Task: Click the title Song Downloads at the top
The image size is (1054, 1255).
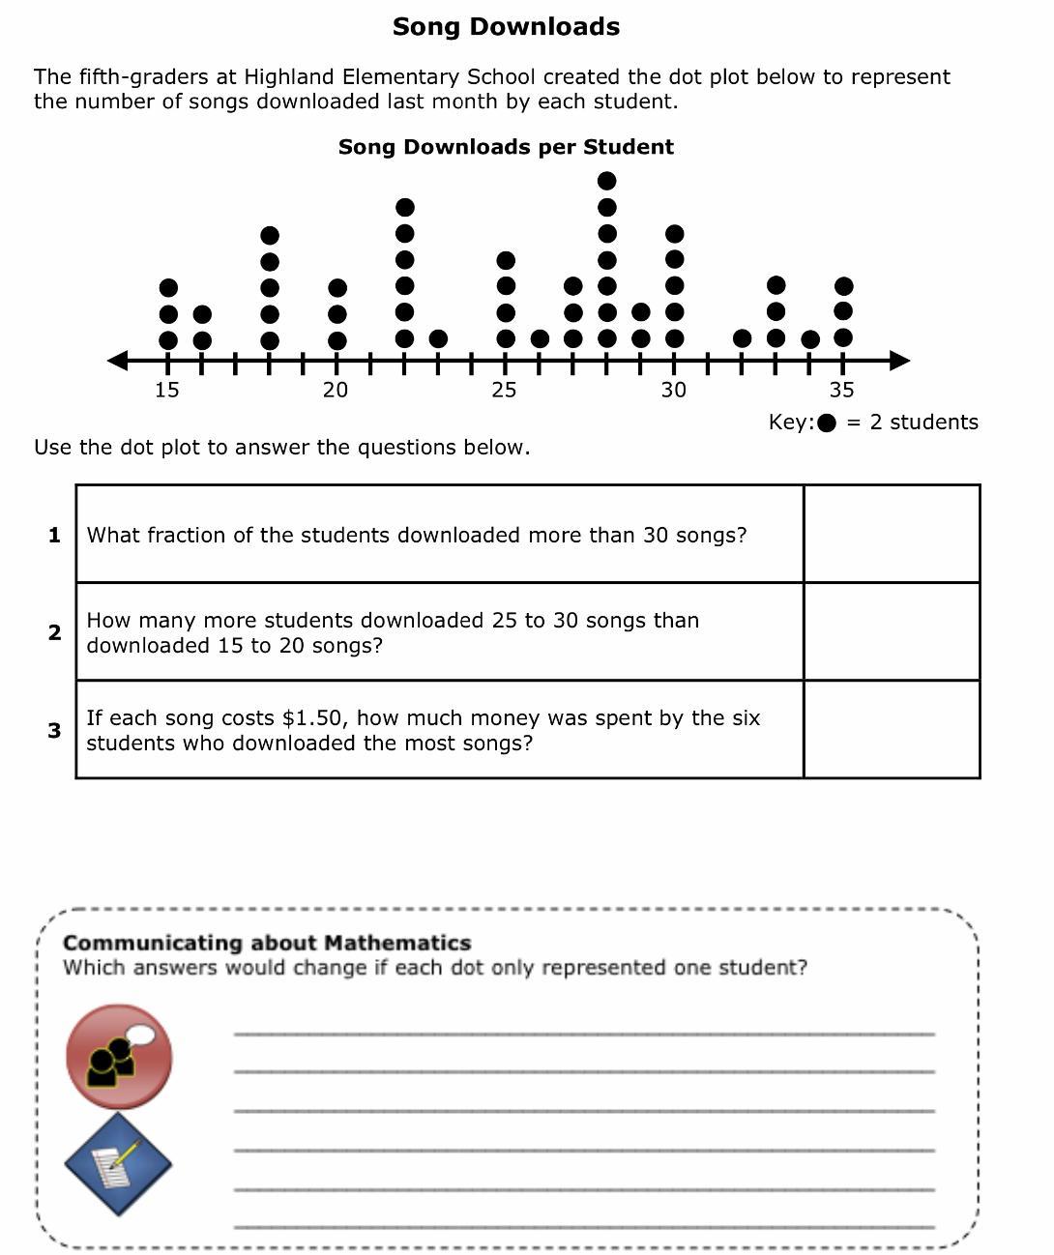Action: pos(506,27)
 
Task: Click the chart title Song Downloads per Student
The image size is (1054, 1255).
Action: pos(506,147)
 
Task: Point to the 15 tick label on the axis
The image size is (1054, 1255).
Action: pos(167,390)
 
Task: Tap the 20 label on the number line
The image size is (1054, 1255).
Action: pos(336,390)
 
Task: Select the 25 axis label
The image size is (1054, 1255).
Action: pos(504,390)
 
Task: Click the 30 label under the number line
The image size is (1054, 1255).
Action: pos(674,390)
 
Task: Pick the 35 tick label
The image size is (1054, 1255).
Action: pos(842,390)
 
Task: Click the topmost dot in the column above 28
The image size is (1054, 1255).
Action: pos(607,181)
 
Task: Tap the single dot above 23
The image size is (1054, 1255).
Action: pos(438,338)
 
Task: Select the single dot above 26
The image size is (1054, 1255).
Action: pos(540,338)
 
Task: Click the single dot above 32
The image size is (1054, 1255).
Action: pos(743,338)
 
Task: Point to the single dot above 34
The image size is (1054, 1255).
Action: pos(810,339)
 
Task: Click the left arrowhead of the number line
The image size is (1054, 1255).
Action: pos(117,361)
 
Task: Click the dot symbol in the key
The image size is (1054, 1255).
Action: pos(828,423)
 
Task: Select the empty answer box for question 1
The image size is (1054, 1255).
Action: pos(892,534)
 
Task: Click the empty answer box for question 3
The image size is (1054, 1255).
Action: pos(892,729)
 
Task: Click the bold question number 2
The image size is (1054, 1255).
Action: pos(55,632)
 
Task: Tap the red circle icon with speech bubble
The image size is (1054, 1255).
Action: pos(119,1056)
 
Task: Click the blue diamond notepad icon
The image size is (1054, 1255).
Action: pos(118,1163)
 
